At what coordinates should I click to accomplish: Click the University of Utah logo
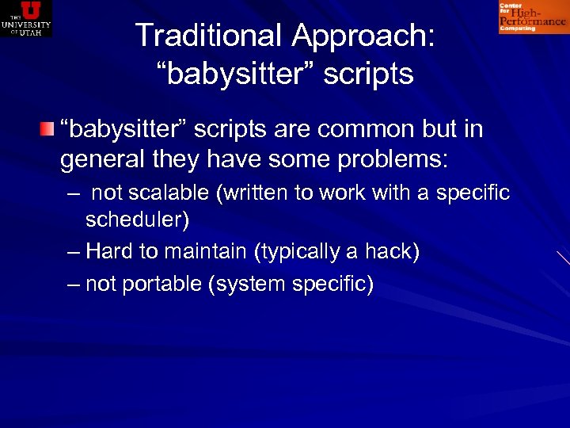coord(26,18)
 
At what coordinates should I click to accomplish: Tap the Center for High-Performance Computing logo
coord(532,17)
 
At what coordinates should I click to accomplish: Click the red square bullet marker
coord(48,128)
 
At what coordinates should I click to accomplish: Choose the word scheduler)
coord(137,220)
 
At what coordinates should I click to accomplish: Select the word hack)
coord(390,251)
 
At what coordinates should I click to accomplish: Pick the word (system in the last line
coord(244,284)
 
